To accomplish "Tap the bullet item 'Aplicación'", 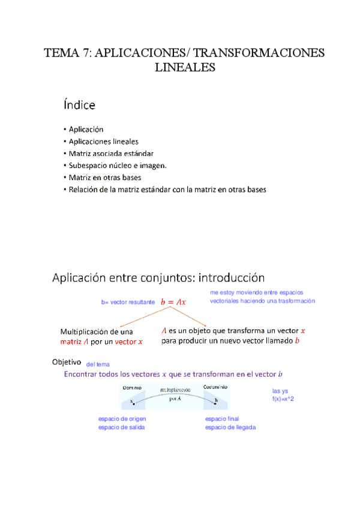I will [x=86, y=129].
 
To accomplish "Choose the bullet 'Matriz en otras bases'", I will [x=105, y=177].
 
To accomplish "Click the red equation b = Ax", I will [x=174, y=303].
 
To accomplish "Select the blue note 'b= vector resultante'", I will [x=127, y=303].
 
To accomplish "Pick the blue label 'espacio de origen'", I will [x=122, y=418].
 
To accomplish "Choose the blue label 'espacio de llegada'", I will [x=230, y=427].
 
